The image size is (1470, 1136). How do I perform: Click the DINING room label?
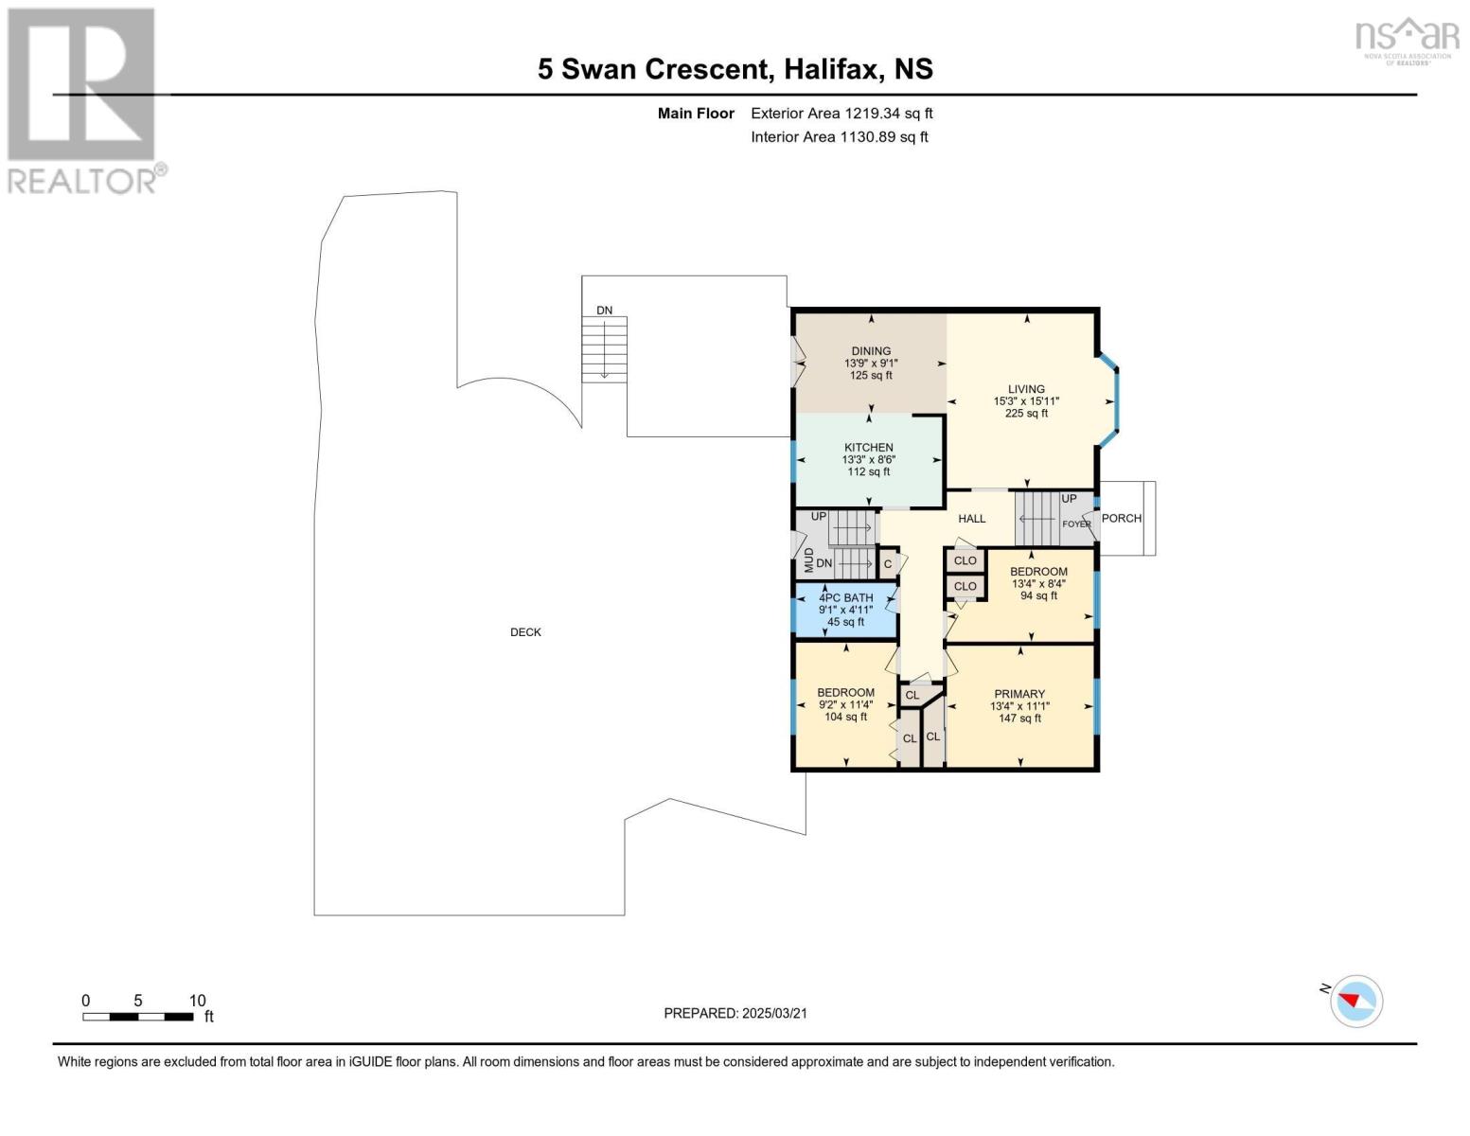[870, 351]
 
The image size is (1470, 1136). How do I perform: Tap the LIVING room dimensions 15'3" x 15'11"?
[1026, 401]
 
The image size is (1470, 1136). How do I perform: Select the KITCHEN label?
[868, 448]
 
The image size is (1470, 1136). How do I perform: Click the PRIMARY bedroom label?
[1019, 694]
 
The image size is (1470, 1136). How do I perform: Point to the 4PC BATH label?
[845, 597]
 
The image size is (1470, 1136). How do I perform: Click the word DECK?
[525, 632]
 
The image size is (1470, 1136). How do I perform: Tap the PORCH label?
[1121, 519]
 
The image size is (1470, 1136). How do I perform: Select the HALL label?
[971, 519]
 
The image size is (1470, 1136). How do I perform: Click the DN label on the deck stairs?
[604, 311]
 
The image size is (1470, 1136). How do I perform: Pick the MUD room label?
[809, 560]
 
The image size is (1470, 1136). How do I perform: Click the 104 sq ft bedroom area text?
[845, 718]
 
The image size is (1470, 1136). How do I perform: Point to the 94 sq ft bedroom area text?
[1038, 596]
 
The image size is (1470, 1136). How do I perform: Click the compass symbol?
[1356, 1001]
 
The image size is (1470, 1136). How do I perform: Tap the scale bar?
[138, 1017]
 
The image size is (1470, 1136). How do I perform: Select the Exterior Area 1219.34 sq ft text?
[841, 114]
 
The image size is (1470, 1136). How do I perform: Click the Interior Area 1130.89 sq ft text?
[839, 137]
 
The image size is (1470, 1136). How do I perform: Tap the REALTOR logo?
[83, 99]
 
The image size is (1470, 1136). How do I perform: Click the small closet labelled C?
[888, 564]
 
